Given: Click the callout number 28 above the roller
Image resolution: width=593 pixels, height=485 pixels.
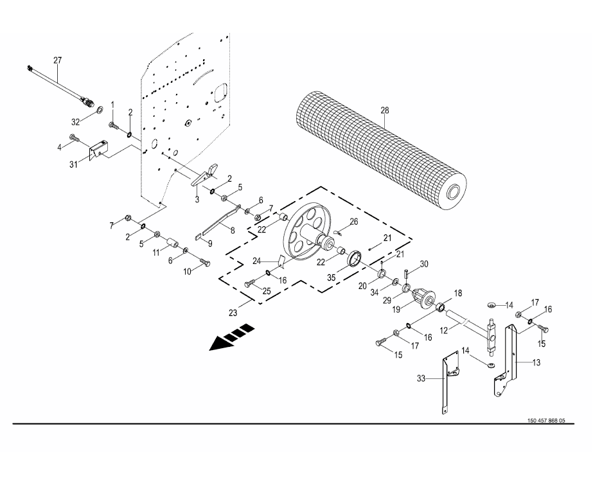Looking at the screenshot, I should [385, 110].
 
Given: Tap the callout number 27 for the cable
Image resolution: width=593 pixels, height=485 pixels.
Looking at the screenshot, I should [57, 60].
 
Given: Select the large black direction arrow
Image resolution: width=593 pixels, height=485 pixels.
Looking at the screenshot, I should [231, 338].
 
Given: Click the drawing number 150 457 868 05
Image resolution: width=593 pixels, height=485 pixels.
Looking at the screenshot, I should [545, 421].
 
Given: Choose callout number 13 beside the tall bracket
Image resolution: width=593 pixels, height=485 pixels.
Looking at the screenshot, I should [536, 362].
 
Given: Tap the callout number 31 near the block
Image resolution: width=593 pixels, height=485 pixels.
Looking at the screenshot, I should [74, 164].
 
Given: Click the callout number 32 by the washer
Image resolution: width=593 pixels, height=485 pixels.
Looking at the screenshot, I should [75, 121].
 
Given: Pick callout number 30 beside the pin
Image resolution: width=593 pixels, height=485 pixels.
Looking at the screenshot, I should [423, 264].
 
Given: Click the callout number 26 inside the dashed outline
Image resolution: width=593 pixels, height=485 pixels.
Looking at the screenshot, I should [353, 222].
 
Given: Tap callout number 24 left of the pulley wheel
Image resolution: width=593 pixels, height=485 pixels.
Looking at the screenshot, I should [256, 261].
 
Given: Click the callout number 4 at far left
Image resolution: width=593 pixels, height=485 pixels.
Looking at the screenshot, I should [60, 146].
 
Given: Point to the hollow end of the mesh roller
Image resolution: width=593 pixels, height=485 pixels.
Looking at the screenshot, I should [454, 191].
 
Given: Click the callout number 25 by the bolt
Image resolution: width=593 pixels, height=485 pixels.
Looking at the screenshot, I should [267, 291].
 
